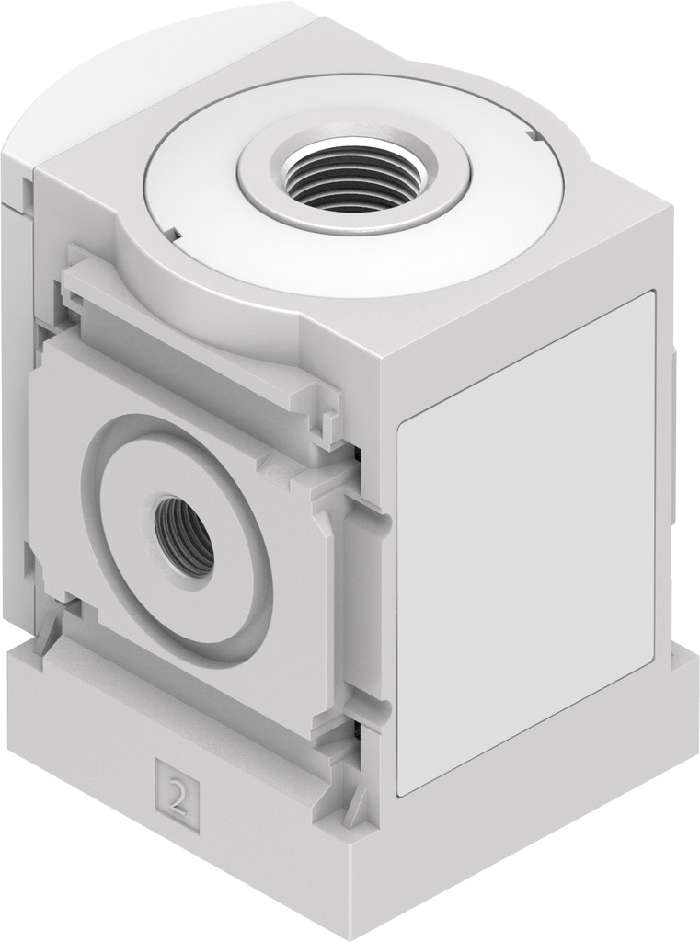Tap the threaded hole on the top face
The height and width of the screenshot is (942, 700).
354,174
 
